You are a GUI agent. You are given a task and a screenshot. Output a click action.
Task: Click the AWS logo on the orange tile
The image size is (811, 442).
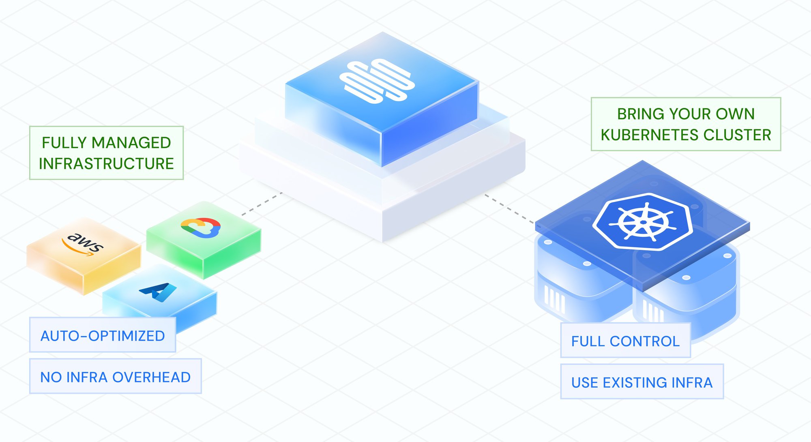(83, 243)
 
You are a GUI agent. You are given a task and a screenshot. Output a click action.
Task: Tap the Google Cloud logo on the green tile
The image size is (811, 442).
(201, 227)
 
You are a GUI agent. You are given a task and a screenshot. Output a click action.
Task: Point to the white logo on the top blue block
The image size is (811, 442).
(377, 81)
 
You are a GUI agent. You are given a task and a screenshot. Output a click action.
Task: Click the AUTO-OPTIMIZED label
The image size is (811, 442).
(103, 335)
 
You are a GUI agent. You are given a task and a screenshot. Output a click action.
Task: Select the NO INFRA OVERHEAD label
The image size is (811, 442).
(115, 377)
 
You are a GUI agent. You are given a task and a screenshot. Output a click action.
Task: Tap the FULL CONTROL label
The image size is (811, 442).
(625, 341)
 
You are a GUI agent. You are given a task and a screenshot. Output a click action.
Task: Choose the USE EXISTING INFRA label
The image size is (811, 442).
(642, 382)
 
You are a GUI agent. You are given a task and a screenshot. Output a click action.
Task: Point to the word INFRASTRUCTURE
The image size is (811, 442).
(106, 164)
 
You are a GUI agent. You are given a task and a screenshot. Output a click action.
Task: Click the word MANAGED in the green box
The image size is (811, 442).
(131, 143)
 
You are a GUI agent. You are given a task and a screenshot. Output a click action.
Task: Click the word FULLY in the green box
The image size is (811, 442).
(64, 143)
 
